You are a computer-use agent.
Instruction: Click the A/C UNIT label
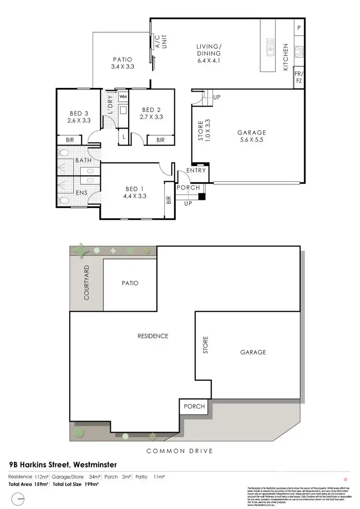pos(157,42)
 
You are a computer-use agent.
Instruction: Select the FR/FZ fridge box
pos(299,78)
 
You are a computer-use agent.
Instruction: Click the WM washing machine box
pos(123,97)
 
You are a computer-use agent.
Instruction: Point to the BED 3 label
pos(79,114)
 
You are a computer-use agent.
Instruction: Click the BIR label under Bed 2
pos(160,140)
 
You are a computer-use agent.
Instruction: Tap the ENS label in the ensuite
pos(81,193)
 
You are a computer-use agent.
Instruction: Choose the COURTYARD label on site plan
pos(87,282)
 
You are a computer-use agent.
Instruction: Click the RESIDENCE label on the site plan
pos(153,336)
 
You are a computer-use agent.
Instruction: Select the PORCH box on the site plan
pos(194,406)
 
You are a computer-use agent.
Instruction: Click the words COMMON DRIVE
pos(180,450)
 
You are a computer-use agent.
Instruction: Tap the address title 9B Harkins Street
pos(63,464)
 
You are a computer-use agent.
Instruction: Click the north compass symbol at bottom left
pos(18,501)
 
